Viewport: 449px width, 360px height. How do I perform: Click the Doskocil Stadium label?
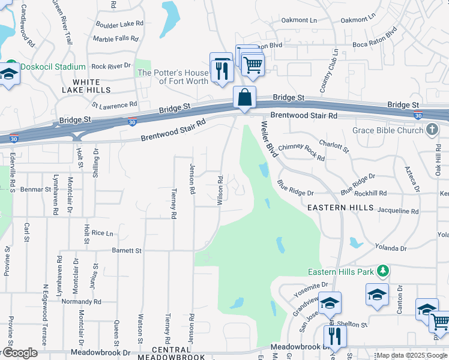coord(52,67)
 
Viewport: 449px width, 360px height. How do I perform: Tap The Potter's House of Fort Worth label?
coord(173,77)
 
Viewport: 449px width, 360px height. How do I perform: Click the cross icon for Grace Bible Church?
coord(432,130)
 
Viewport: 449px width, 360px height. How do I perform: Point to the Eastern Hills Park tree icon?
coord(382,272)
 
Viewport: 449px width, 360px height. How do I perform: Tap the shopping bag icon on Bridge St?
coord(244,98)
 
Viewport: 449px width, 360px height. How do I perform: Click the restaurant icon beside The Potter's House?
coord(221,70)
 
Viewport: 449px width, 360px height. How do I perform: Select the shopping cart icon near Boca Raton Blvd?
coord(253,63)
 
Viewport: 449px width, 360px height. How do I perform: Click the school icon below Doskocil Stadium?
coord(8,76)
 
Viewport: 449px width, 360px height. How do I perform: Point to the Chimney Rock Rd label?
coord(304,152)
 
